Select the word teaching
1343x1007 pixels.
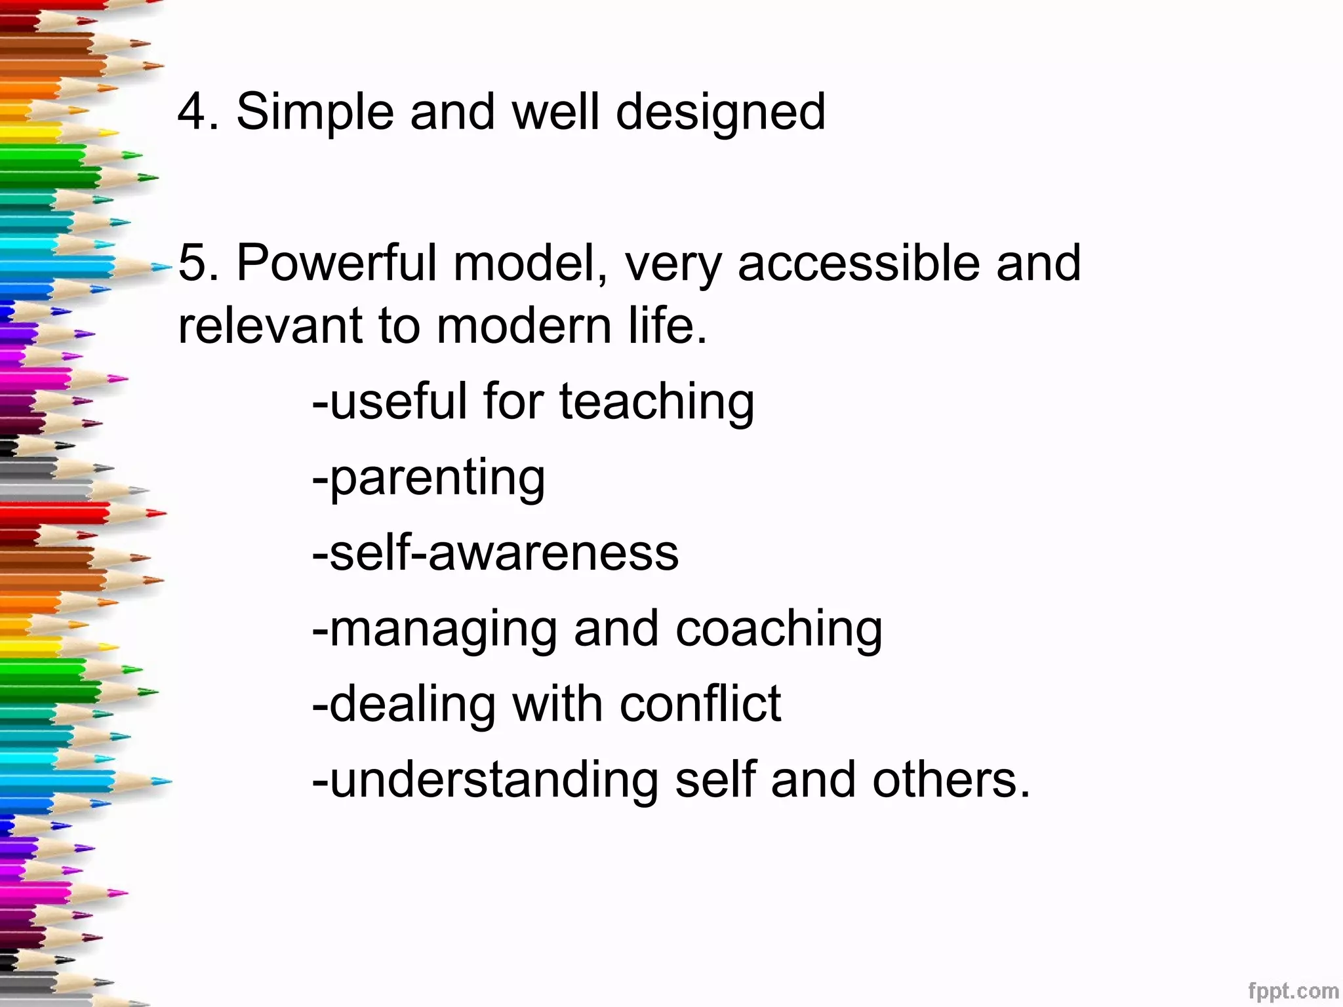(656, 402)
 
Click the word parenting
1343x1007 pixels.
(437, 479)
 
